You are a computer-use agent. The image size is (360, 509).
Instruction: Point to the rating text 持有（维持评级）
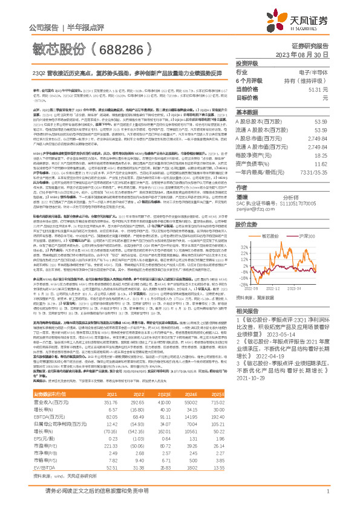click(309, 80)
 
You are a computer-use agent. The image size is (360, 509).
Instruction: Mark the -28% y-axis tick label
click(243, 300)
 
